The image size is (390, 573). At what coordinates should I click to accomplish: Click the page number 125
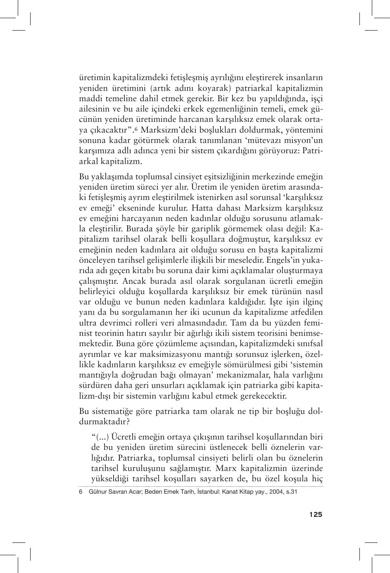315,514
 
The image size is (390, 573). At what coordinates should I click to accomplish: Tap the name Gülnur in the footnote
98,492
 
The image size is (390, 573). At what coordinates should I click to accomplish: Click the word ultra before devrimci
88,323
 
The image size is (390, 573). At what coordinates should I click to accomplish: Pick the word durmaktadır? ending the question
105,422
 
